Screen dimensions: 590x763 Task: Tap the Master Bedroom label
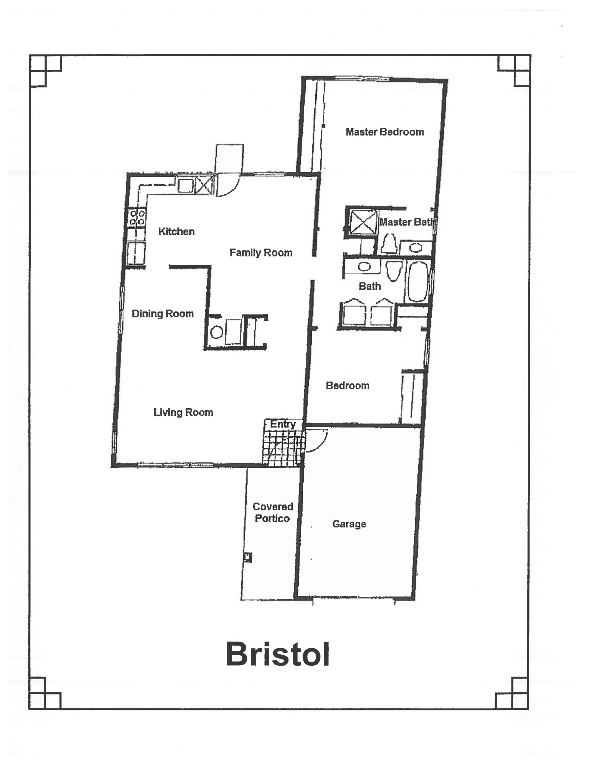point(385,132)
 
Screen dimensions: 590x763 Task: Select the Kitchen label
point(176,231)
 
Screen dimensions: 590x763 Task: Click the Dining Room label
point(163,314)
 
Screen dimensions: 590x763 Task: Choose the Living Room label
point(183,412)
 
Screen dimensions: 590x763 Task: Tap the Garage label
point(349,524)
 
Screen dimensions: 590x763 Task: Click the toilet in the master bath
point(389,243)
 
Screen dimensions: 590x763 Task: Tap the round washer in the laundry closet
point(217,332)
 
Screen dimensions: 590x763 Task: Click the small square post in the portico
point(248,557)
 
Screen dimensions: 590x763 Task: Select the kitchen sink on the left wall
point(136,254)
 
